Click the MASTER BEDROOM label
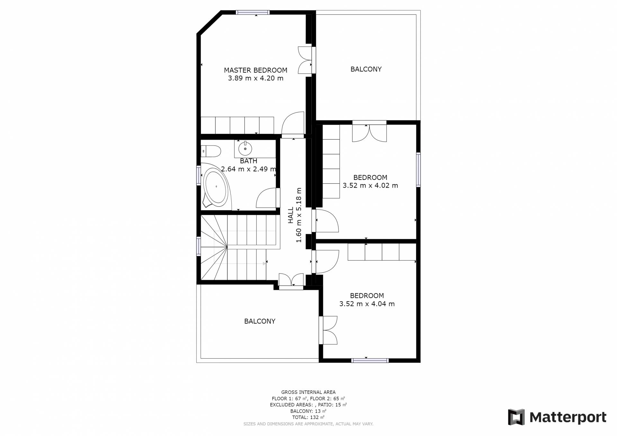pyautogui.click(x=255, y=70)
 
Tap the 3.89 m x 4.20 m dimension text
pyautogui.click(x=255, y=78)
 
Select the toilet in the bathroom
pyautogui.click(x=211, y=151)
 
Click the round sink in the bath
pyautogui.click(x=245, y=149)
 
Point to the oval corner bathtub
pyautogui.click(x=216, y=186)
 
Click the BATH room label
pyautogui.click(x=248, y=161)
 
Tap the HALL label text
pyautogui.click(x=291, y=215)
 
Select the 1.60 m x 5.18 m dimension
pyautogui.click(x=299, y=215)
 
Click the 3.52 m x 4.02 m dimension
pyautogui.click(x=370, y=185)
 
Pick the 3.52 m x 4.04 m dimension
pyautogui.click(x=367, y=304)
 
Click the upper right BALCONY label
pyautogui.click(x=366, y=69)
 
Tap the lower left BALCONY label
pyautogui.click(x=260, y=321)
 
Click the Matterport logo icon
pyautogui.click(x=516, y=417)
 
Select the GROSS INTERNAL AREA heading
pyautogui.click(x=308, y=392)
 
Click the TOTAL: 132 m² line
pyautogui.click(x=308, y=417)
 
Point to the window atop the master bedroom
pyautogui.click(x=253, y=13)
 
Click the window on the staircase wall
pyautogui.click(x=199, y=246)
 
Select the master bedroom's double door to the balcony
pyautogui.click(x=305, y=60)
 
